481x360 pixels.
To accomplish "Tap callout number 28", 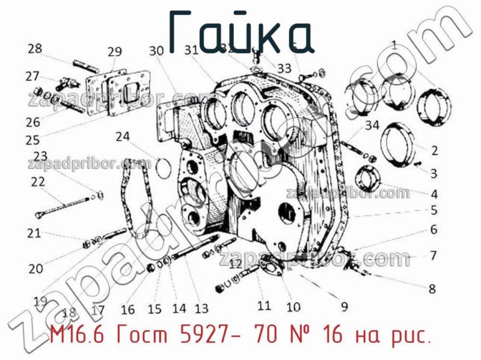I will [35, 48].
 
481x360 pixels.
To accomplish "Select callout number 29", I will [115, 52].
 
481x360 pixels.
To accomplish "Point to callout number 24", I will [123, 137].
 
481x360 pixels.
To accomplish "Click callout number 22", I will [38, 182].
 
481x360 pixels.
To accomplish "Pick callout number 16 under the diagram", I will [127, 310].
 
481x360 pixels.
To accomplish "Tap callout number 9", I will [344, 307].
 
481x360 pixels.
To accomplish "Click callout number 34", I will [372, 126].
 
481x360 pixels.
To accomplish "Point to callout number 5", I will [434, 210].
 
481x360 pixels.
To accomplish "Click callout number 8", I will [432, 288].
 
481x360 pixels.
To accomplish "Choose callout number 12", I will [235, 263].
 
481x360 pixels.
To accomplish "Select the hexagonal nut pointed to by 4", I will [367, 180].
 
